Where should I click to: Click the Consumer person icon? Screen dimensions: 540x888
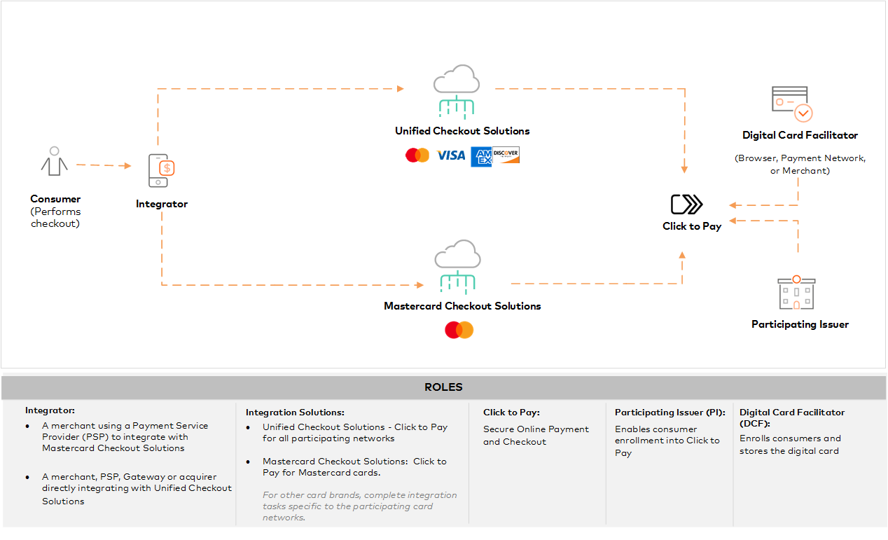click(x=54, y=162)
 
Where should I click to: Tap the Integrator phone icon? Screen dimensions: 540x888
click(x=161, y=170)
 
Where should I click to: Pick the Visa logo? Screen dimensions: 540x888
click(x=451, y=155)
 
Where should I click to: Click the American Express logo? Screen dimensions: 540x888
click(x=481, y=156)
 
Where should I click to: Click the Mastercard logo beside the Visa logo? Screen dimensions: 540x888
click(x=417, y=155)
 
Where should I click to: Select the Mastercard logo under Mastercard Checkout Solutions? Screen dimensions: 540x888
click(x=459, y=330)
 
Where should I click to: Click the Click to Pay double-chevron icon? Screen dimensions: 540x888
click(x=686, y=205)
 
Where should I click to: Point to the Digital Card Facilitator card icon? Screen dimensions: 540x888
click(x=791, y=104)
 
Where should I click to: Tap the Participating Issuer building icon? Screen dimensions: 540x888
click(x=797, y=293)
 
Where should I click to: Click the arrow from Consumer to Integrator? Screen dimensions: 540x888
click(x=104, y=165)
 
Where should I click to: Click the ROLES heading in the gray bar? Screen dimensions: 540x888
click(x=443, y=387)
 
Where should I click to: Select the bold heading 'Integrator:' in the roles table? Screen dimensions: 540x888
click(x=50, y=410)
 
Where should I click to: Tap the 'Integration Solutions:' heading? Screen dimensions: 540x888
click(x=295, y=413)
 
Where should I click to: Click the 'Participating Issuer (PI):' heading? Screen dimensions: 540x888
click(x=670, y=413)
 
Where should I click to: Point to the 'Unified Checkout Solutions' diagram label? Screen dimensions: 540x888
click(x=462, y=131)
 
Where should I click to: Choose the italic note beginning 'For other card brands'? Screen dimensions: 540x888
click(x=359, y=506)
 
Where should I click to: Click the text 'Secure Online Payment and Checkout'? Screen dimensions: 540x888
click(x=536, y=435)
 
